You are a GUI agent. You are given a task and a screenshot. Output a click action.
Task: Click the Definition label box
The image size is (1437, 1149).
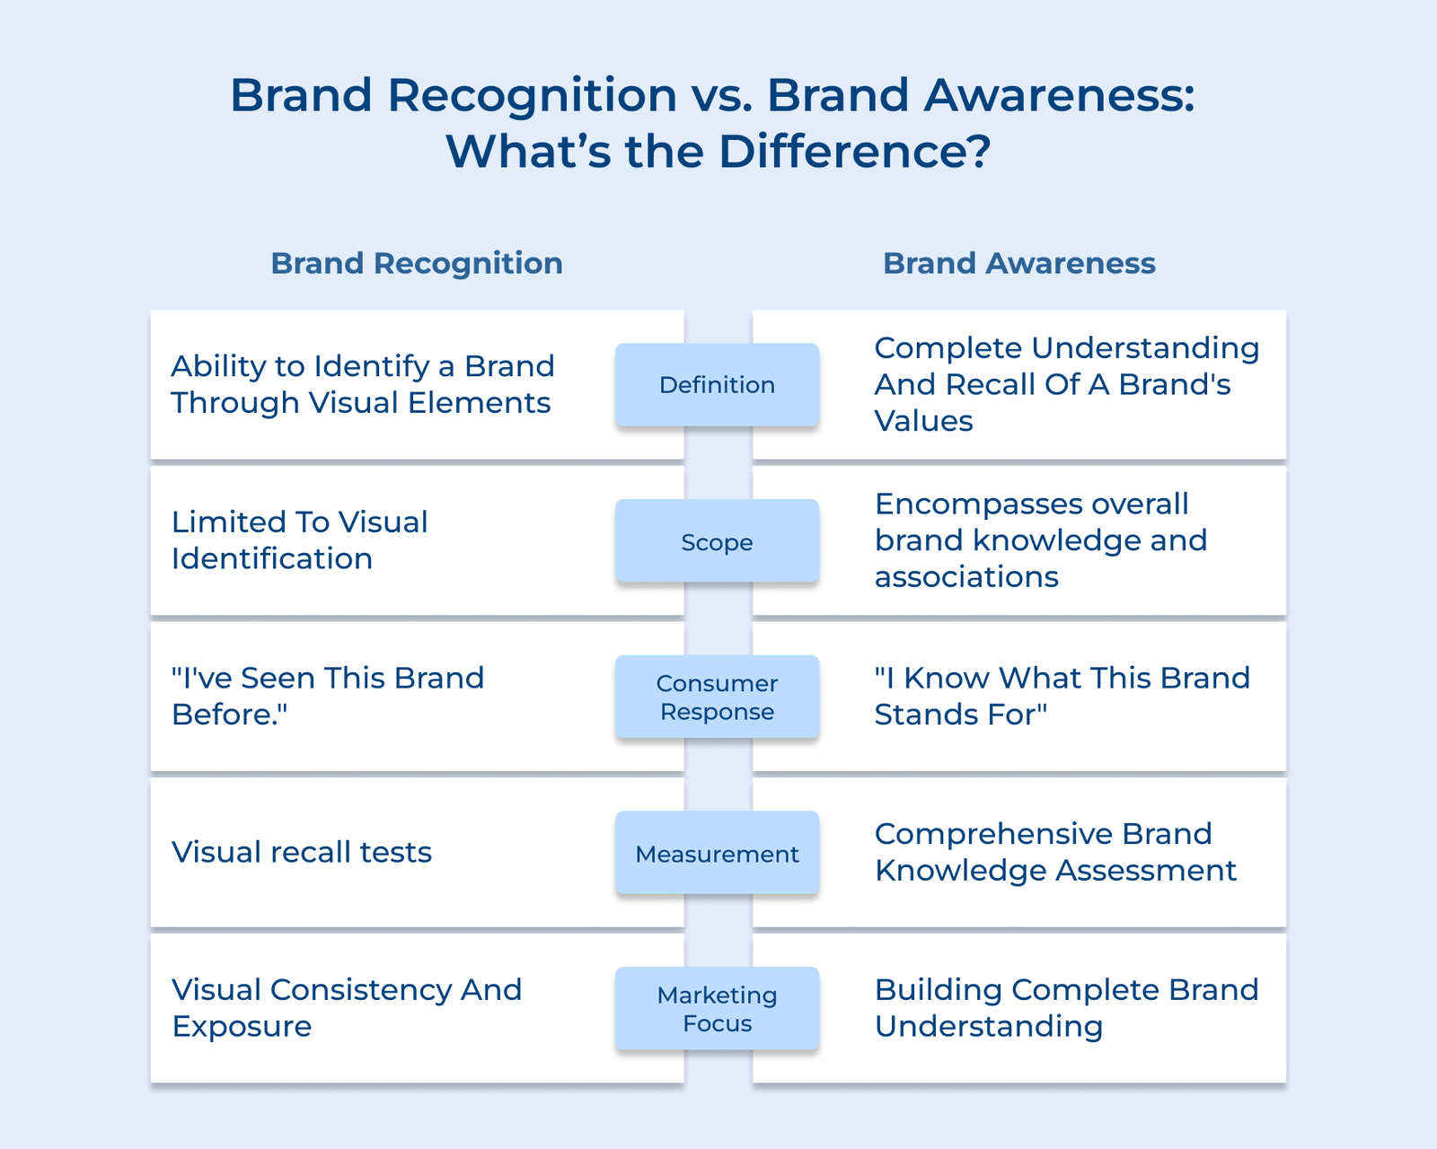[717, 385]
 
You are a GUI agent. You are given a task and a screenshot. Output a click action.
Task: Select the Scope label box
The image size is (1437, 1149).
[717, 541]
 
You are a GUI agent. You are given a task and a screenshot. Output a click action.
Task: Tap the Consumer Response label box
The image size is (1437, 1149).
[717, 697]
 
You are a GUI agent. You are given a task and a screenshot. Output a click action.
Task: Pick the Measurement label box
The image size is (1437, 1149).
[717, 853]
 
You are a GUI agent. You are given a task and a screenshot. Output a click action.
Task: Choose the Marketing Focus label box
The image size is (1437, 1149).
[717, 1009]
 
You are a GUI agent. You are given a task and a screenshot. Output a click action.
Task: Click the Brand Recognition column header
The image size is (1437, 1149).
[417, 263]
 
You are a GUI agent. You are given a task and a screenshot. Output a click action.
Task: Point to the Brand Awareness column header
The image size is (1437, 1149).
[1018, 263]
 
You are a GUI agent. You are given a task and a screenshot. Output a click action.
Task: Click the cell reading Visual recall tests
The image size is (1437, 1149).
[302, 852]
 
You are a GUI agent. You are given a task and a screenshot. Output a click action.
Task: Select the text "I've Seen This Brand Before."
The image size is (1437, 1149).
[328, 696]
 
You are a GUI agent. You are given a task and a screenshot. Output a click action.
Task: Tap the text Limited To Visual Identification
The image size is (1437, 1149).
[299, 539]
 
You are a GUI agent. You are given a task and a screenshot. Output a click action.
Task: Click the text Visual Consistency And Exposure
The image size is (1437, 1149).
[346, 1007]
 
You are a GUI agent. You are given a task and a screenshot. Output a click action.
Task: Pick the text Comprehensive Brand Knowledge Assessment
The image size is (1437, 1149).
[1055, 852]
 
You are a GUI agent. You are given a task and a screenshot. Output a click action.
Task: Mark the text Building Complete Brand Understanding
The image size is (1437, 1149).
[1066, 1007]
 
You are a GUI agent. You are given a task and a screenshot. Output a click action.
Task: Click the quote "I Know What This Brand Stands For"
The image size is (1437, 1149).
[1062, 696]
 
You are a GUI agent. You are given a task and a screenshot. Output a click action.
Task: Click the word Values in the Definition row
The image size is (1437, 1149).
[923, 421]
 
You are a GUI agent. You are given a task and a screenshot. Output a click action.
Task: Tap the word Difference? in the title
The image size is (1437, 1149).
[854, 151]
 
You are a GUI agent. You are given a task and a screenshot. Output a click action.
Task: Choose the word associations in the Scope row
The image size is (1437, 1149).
[966, 576]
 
